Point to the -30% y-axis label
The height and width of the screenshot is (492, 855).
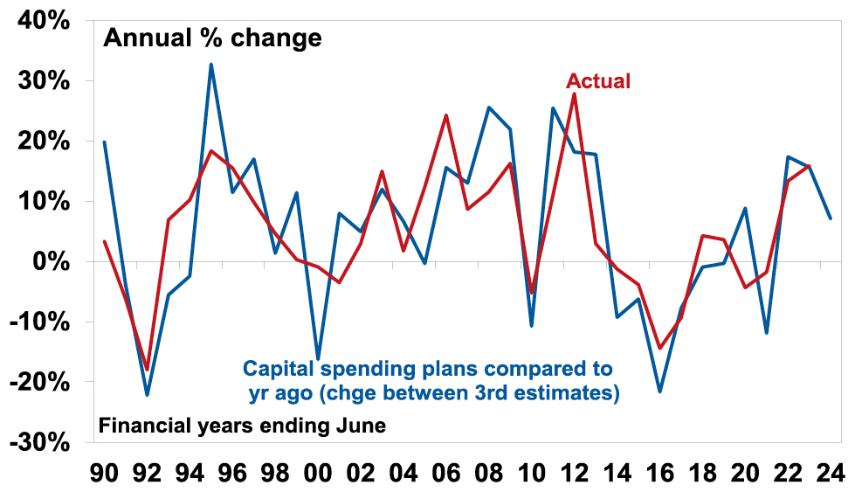pos(38,442)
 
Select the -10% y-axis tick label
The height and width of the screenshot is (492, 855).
pos(38,322)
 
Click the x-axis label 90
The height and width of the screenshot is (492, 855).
pos(105,474)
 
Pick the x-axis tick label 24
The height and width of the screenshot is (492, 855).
pos(830,474)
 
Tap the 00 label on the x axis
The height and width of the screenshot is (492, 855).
pos(318,474)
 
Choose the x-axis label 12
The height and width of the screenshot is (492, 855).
pos(574,474)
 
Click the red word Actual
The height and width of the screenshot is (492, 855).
pos(598,81)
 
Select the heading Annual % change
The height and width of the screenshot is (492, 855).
pos(212,38)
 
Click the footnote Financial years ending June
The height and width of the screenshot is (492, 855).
pos(242,426)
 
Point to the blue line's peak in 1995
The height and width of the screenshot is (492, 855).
pos(211,64)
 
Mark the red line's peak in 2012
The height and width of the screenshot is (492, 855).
pos(574,94)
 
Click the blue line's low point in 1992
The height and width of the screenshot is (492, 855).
pos(148,395)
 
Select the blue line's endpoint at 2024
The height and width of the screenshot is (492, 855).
pos(830,218)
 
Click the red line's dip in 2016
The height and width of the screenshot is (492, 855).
pos(659,349)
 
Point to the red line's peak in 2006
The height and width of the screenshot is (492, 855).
pos(446,115)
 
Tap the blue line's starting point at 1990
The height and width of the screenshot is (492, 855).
pos(105,142)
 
